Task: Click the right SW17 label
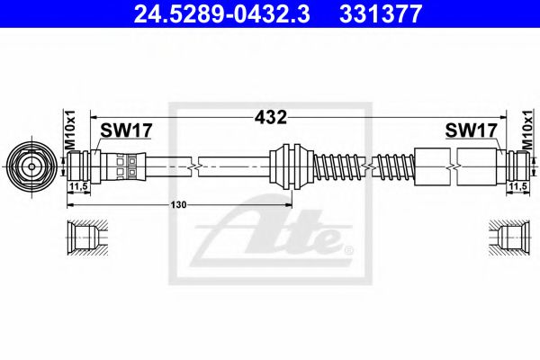(x=472, y=131)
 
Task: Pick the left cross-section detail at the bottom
(x=88, y=238)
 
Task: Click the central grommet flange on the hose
(x=290, y=166)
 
